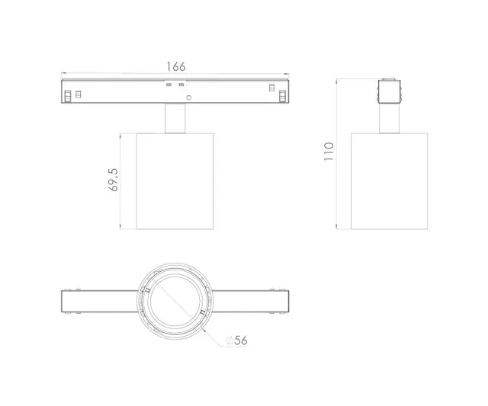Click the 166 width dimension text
pyautogui.click(x=176, y=67)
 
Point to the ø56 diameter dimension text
pyautogui.click(x=237, y=340)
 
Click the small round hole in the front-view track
pyautogui.click(x=191, y=98)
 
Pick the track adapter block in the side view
pyautogui.click(x=390, y=91)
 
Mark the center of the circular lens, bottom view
pyautogui.click(x=175, y=301)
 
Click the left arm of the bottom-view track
pyautogui.click(x=99, y=301)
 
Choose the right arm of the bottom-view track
pyautogui.click(x=250, y=301)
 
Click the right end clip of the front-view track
pyautogui.click(x=283, y=95)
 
